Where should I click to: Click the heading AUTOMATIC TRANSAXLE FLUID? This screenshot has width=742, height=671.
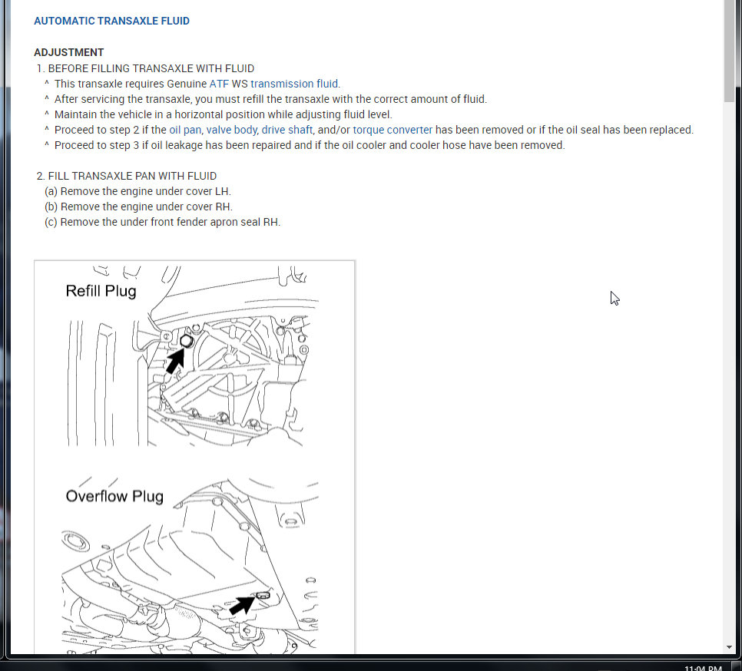point(111,21)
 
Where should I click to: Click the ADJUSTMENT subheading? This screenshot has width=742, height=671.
point(68,52)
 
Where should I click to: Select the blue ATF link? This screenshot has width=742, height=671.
point(219,84)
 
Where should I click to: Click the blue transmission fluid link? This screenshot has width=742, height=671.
point(295,84)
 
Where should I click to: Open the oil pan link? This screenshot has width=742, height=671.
point(185,130)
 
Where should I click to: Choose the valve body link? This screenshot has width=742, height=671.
point(231,130)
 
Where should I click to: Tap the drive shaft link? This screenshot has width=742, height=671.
point(287,130)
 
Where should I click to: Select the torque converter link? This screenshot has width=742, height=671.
point(393,130)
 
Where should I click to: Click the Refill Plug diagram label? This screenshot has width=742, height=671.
point(101,291)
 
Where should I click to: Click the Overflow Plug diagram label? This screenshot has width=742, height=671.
point(114,496)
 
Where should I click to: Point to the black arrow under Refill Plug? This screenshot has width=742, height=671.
point(176,359)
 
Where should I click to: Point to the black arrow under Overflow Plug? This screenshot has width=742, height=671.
point(241,605)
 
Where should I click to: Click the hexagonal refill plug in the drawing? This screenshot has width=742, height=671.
point(186,342)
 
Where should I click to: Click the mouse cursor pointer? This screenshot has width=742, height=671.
point(614,298)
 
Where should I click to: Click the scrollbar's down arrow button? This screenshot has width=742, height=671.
point(729,647)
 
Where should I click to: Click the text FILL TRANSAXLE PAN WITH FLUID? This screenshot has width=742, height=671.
point(132,176)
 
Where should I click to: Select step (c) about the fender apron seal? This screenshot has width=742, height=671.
point(163,222)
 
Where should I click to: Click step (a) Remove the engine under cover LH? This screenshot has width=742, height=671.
point(138,191)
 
